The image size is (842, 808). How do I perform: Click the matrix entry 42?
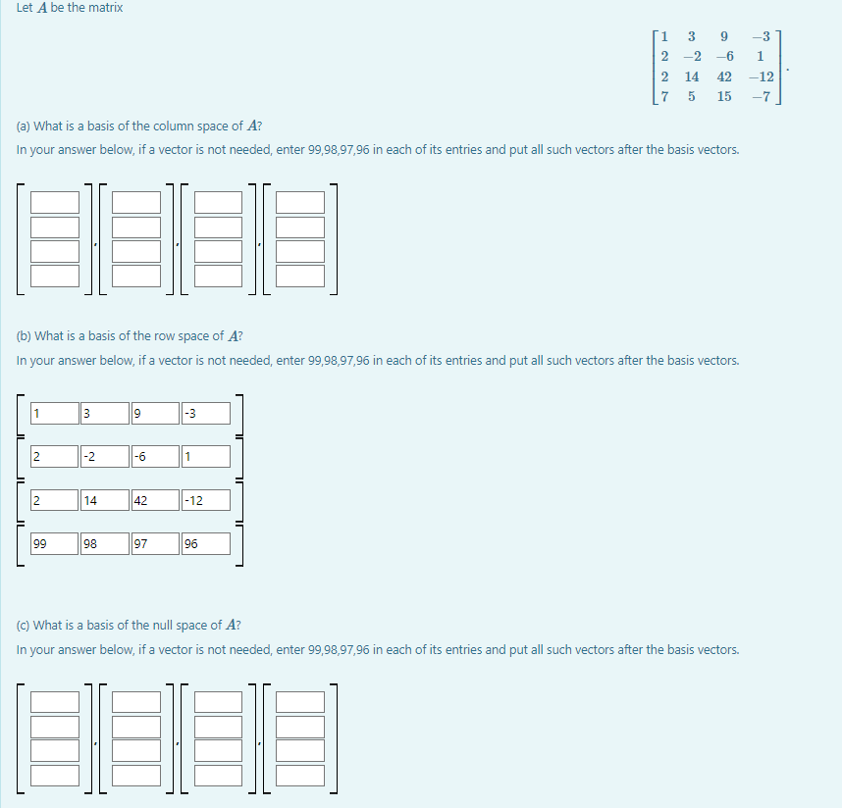(724, 76)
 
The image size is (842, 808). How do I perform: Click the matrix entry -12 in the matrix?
(760, 76)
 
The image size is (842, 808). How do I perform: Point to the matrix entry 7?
(665, 96)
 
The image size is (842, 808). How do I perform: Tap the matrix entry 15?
(724, 96)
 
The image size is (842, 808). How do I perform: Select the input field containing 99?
(54, 543)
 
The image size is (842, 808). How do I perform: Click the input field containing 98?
(104, 543)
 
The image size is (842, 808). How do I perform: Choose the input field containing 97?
(155, 543)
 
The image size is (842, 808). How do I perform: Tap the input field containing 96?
(206, 543)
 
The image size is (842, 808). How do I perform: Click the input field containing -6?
(155, 456)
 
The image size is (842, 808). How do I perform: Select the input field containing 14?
(104, 500)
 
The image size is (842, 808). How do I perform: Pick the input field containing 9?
(155, 413)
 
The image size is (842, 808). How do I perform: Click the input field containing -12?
(206, 500)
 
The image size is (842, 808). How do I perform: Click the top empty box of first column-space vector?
(55, 202)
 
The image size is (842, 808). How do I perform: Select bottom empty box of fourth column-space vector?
(300, 276)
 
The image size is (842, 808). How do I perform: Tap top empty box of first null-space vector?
(55, 702)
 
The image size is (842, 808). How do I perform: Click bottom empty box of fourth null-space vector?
(300, 775)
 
